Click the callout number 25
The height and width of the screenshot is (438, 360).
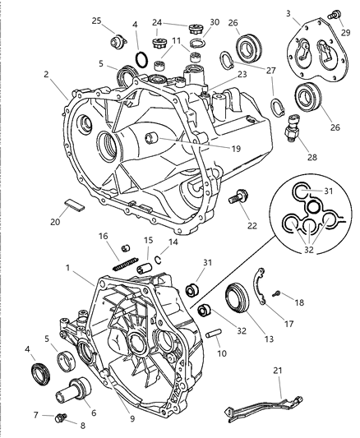[x=96, y=21]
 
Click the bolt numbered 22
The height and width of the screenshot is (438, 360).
[x=242, y=198]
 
